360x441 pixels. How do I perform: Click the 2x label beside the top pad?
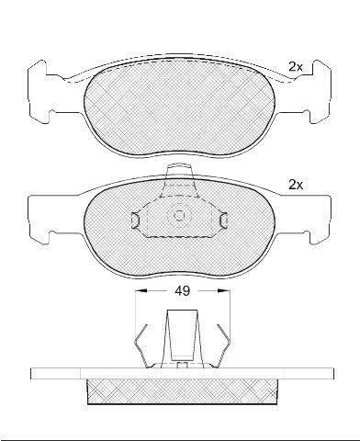click(296, 67)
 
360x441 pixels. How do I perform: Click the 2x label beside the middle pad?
click(296, 185)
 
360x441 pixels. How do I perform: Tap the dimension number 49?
click(183, 290)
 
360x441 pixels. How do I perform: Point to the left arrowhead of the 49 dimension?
click(141, 290)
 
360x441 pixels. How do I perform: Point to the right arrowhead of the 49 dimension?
click(223, 290)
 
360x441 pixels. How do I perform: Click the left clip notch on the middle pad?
click(135, 220)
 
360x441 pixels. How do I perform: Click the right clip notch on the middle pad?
click(224, 220)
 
